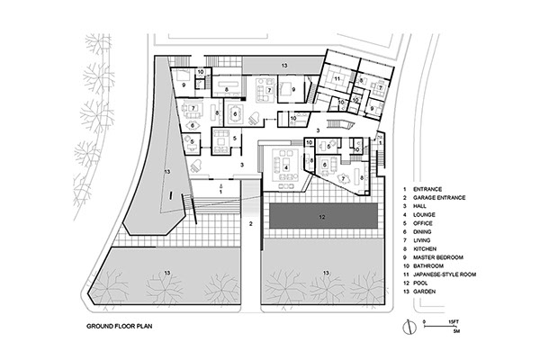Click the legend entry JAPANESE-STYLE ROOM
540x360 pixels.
[x=445, y=274]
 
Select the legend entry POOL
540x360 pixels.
[x=420, y=283]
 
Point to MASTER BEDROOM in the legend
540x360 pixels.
[x=438, y=257]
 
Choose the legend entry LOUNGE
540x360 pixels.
[x=424, y=214]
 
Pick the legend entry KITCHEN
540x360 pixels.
[x=425, y=248]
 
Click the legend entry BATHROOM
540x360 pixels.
[x=428, y=266]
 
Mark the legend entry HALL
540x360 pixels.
[x=419, y=206]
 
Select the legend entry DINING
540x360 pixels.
[x=422, y=232]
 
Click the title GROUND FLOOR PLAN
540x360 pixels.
[x=119, y=326]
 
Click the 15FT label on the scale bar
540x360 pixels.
[x=454, y=321]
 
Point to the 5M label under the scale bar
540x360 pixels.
[x=456, y=331]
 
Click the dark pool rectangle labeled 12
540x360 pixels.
[x=323, y=217]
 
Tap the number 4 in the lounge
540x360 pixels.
[x=285, y=167]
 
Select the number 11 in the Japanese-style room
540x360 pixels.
[x=337, y=79]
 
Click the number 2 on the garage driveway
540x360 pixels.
[x=251, y=224]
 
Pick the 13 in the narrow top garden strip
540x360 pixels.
[x=284, y=66]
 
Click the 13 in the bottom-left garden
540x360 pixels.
[x=167, y=274]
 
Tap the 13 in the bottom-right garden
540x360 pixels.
[x=326, y=274]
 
